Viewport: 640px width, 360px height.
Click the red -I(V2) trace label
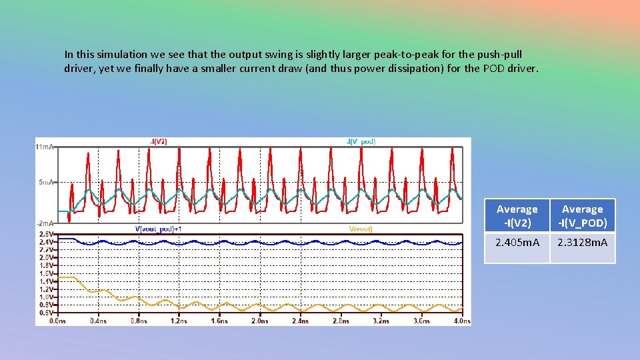(x=158, y=141)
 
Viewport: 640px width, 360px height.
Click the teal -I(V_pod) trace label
(x=361, y=141)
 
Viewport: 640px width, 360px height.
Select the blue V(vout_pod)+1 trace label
(x=159, y=229)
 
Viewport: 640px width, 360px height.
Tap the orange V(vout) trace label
(x=361, y=229)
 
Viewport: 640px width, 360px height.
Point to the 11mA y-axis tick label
(x=45, y=146)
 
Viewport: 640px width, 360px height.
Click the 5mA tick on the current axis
(x=47, y=182)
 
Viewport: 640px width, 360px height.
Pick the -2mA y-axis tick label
(x=47, y=223)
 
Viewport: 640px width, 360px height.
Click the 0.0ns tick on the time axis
(x=58, y=321)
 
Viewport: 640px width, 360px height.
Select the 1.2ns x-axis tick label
(x=179, y=321)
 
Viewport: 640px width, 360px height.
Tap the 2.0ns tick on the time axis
(x=259, y=321)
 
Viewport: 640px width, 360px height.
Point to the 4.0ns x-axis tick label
(x=461, y=321)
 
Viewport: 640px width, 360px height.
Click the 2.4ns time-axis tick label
(x=300, y=321)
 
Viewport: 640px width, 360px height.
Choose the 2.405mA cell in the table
(x=517, y=243)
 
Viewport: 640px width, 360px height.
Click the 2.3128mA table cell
(x=582, y=243)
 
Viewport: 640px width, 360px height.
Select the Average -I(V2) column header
(x=517, y=215)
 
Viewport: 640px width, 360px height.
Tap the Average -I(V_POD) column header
(x=582, y=215)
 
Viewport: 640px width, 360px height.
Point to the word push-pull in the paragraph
(x=499, y=54)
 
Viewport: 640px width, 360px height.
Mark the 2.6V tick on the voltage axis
(x=47, y=234)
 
